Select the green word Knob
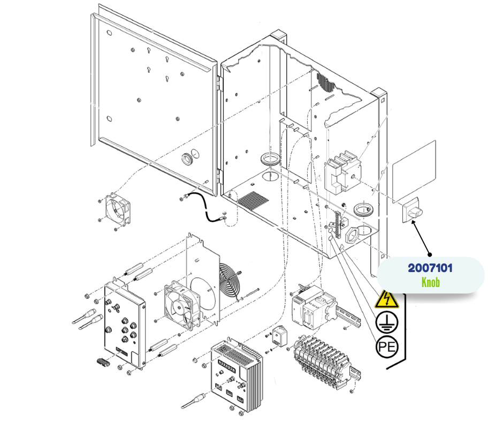coord(430,282)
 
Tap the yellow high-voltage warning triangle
coord(386,300)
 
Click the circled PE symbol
coord(386,347)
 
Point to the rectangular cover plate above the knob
coord(414,169)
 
